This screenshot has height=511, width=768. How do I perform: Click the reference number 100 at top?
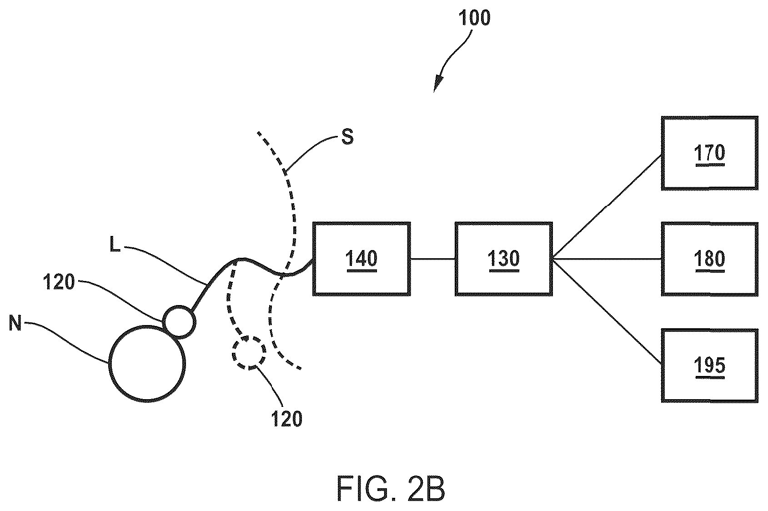(474, 18)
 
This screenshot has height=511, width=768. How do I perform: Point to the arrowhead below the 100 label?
(437, 85)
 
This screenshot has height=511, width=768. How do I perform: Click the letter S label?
(347, 137)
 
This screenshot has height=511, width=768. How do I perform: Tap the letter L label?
(115, 245)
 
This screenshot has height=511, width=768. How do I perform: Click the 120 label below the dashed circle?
(286, 418)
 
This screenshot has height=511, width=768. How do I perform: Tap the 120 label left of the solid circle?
(59, 282)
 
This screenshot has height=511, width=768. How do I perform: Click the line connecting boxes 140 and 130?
(433, 259)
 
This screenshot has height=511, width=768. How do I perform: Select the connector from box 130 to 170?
(607, 206)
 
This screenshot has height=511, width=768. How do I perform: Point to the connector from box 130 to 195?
(607, 311)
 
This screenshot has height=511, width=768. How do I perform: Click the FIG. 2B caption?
(391, 489)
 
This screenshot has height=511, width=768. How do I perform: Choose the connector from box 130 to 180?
(607, 259)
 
